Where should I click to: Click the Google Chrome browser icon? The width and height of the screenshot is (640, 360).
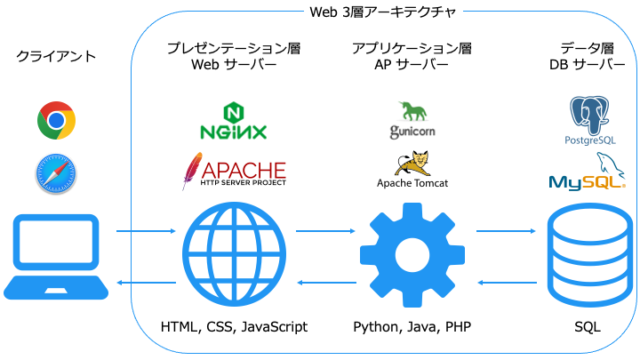click(54, 121)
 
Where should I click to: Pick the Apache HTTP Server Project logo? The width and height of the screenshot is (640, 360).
click(234, 171)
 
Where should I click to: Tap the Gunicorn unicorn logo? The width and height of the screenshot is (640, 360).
click(410, 120)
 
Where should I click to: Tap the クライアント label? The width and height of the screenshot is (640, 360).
click(56, 56)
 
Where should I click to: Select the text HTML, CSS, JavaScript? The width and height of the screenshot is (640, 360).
click(234, 327)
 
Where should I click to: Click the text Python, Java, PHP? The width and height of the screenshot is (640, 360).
click(410, 327)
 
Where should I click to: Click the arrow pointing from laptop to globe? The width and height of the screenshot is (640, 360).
click(139, 233)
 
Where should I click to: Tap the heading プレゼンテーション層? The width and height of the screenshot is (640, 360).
click(234, 47)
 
